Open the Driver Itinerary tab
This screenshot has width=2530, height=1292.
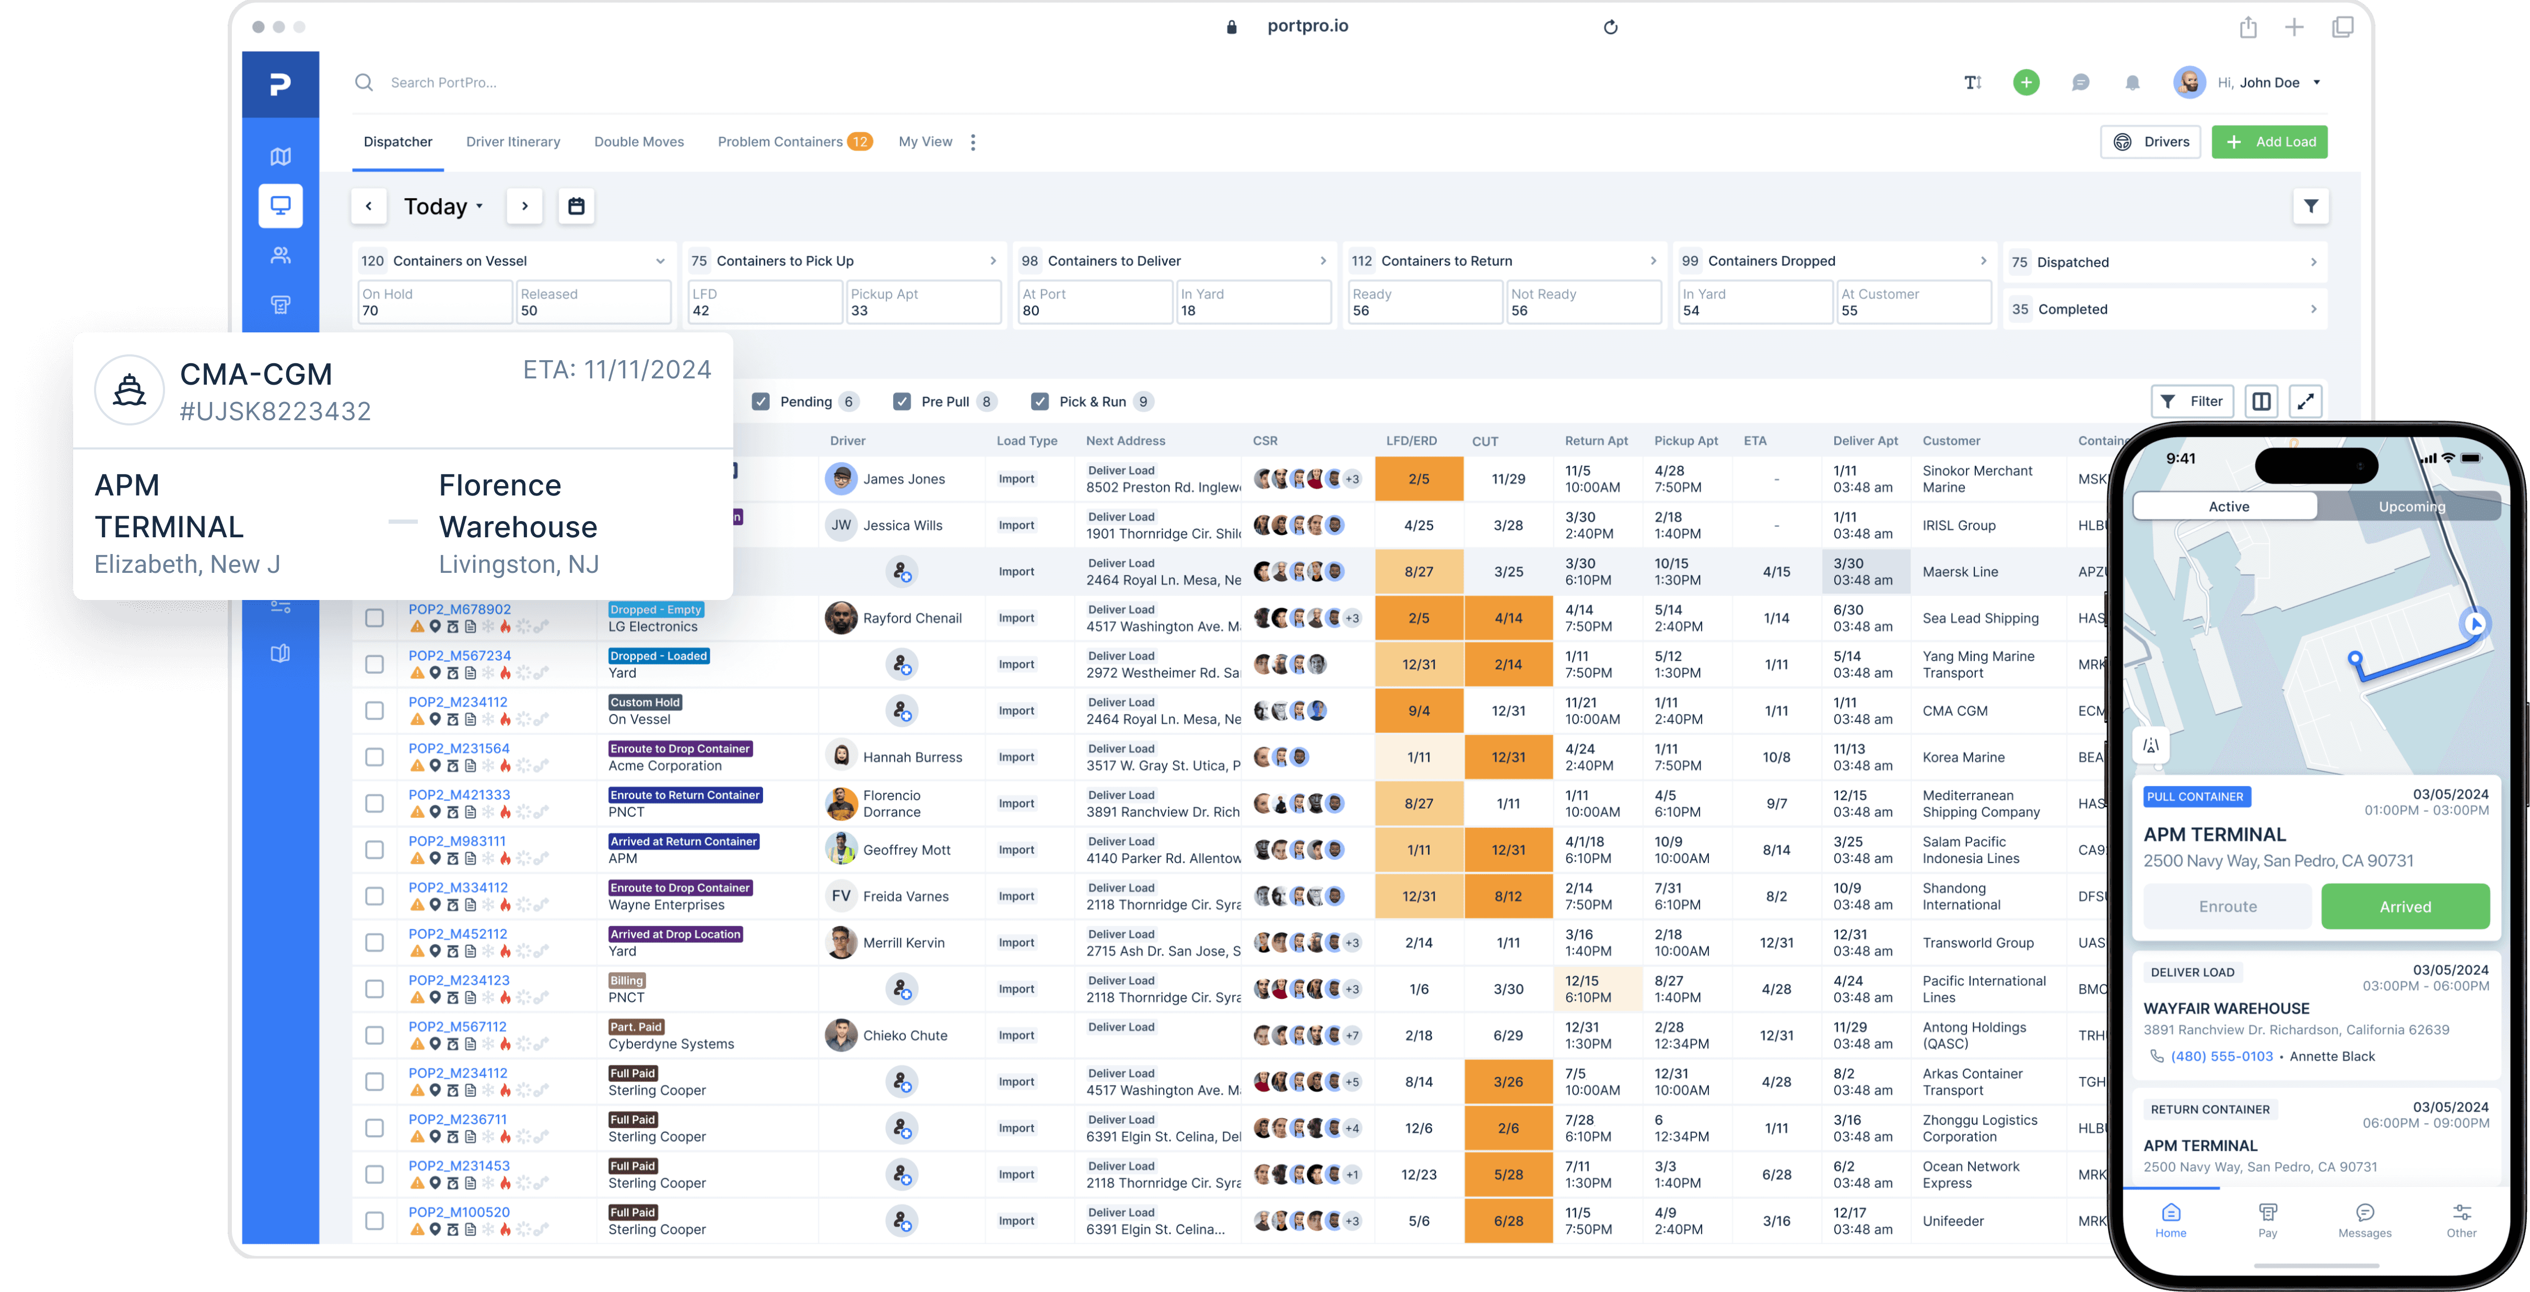point(513,142)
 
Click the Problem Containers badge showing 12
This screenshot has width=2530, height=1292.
point(859,142)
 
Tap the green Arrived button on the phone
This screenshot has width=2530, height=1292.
point(2404,906)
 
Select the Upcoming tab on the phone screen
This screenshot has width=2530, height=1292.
point(2410,506)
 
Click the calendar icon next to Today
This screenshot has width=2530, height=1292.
point(577,206)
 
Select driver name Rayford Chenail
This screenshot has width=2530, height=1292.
point(911,618)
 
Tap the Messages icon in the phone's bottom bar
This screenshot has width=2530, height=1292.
point(2364,1218)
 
